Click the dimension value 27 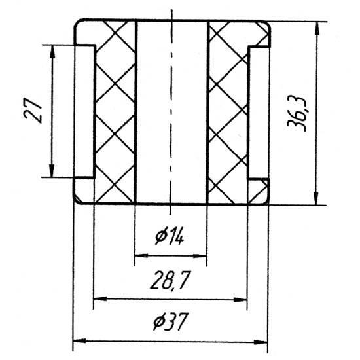point(33,111)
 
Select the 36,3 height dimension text point(297,113)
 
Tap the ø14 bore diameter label point(170,237)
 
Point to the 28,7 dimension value point(170,280)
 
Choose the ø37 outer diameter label point(170,321)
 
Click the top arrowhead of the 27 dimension point(52,52)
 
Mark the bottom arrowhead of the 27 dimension point(52,170)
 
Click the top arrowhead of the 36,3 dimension point(317,28)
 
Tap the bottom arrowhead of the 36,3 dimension point(316,198)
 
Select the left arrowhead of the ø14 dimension point(141,255)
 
